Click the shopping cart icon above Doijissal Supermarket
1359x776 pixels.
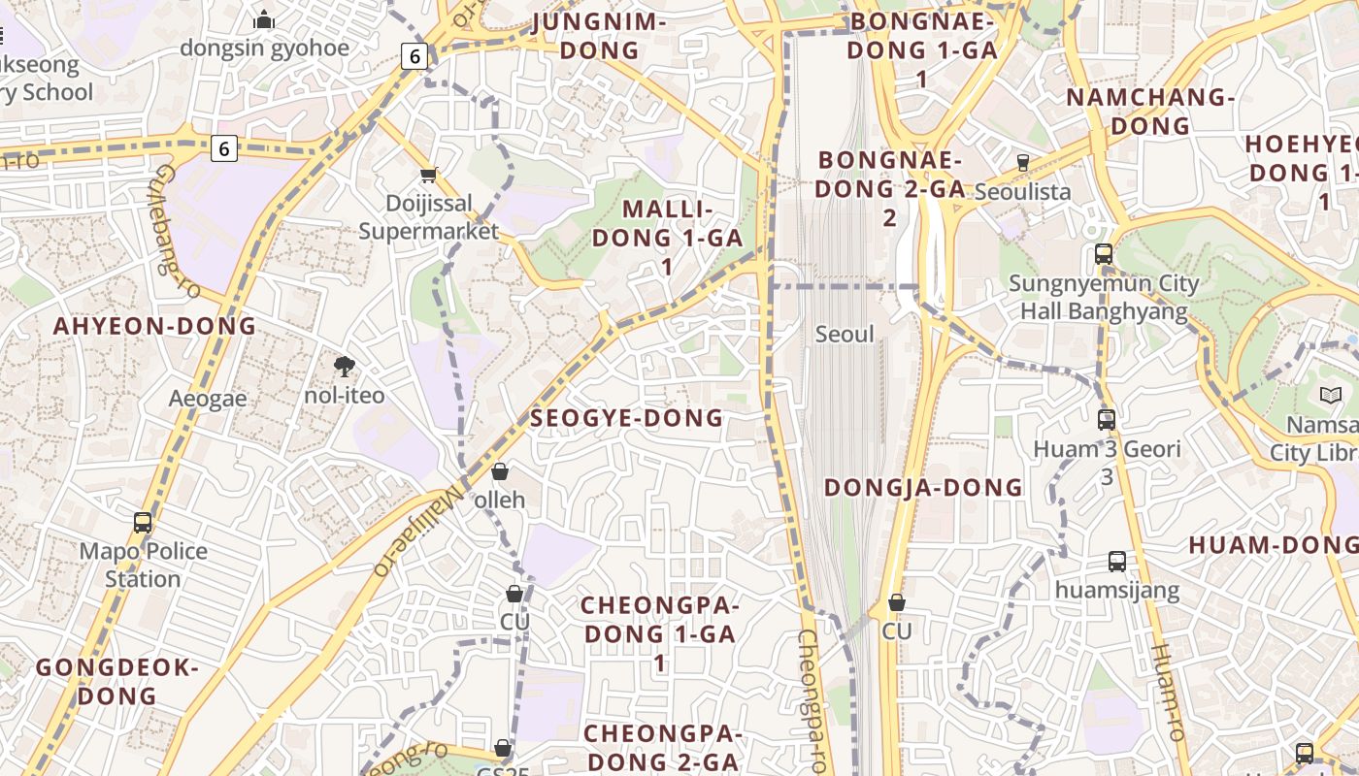pyautogui.click(x=428, y=176)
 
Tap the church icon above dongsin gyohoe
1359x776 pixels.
pyautogui.click(x=264, y=19)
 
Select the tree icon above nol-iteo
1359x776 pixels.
pyautogui.click(x=344, y=366)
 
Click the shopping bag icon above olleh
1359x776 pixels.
pyautogui.click(x=500, y=471)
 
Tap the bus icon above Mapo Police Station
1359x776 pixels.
pyautogui.click(x=143, y=522)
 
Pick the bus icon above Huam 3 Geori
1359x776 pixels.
pyautogui.click(x=1106, y=420)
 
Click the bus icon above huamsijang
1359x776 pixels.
pyautogui.click(x=1117, y=561)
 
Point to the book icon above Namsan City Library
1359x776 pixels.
pyautogui.click(x=1330, y=395)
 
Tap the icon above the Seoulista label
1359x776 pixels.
pyautogui.click(x=1022, y=162)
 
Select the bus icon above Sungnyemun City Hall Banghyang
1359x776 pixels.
pyautogui.click(x=1104, y=254)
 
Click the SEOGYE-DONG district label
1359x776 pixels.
pyautogui.click(x=627, y=418)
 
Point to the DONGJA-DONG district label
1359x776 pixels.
pyautogui.click(x=923, y=487)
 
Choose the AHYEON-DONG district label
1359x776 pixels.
pyautogui.click(x=154, y=326)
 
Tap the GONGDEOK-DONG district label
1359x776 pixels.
pyautogui.click(x=117, y=681)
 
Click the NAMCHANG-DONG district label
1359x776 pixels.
pyautogui.click(x=1150, y=111)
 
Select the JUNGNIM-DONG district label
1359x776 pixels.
pyautogui.click(x=600, y=36)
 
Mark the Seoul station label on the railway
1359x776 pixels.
pyautogui.click(x=845, y=334)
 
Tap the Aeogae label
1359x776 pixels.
pyautogui.click(x=208, y=399)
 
